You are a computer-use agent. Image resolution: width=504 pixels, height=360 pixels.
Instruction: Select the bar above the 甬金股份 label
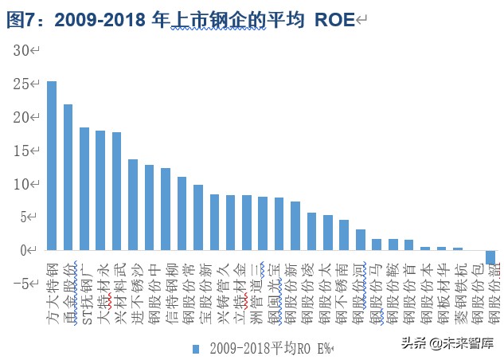[68, 178]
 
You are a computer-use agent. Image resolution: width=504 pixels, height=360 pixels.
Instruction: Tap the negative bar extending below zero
[490, 257]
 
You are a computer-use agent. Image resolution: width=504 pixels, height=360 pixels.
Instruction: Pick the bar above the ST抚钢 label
[84, 189]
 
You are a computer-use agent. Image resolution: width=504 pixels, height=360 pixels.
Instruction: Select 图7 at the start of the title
[21, 20]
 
